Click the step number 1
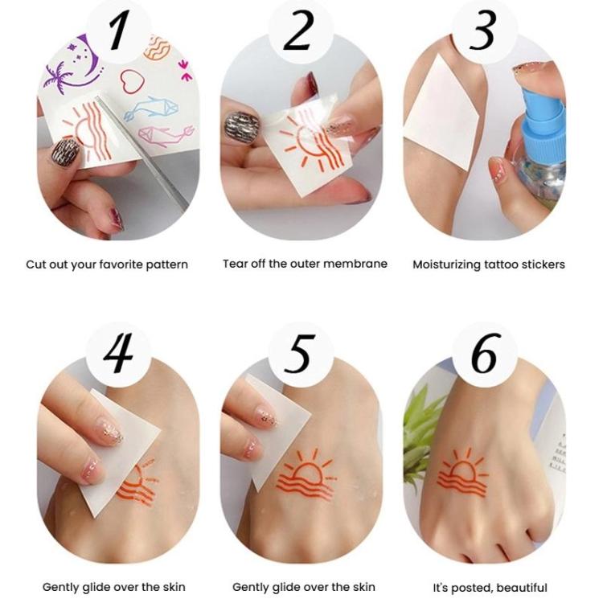pyautogui.click(x=119, y=31)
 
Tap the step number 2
pyautogui.click(x=300, y=31)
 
